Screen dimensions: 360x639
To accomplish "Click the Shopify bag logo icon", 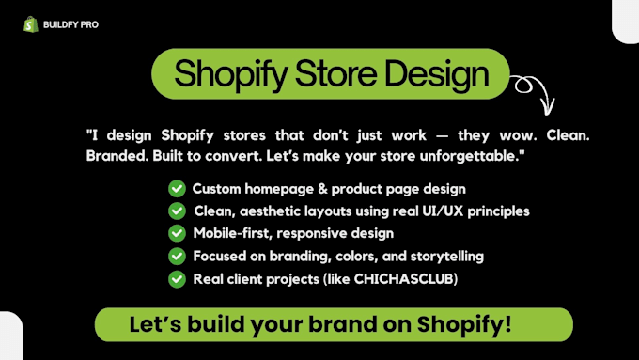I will point(31,24).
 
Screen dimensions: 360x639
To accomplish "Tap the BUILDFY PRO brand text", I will point(70,24).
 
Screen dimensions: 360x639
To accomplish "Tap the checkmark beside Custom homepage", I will point(177,189).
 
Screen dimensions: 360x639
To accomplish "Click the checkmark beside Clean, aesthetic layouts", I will point(177,211).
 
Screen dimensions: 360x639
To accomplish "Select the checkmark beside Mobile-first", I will point(177,233).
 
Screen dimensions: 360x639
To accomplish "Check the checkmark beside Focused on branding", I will point(177,256).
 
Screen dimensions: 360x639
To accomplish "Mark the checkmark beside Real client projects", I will point(177,278).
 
